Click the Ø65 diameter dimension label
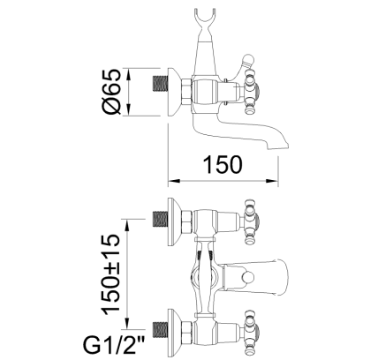(x=111, y=92)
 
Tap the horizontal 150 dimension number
(x=223, y=165)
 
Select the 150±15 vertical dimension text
(x=110, y=274)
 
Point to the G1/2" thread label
(x=115, y=345)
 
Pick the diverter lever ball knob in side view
(x=247, y=59)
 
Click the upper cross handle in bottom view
(x=252, y=221)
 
